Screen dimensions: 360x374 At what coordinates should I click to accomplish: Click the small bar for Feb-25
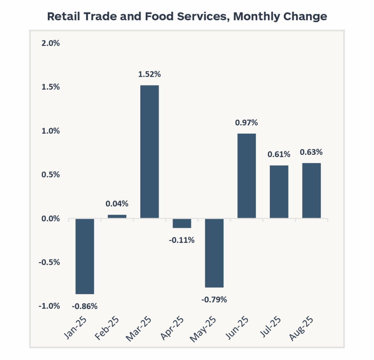tap(117, 217)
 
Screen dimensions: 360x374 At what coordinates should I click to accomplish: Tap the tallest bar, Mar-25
tap(149, 152)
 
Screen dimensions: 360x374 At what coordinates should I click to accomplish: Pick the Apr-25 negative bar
tap(182, 223)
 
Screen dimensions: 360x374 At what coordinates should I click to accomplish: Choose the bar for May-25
tap(214, 253)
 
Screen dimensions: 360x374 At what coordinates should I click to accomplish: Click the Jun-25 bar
tap(247, 176)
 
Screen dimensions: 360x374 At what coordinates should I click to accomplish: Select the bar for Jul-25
tap(279, 192)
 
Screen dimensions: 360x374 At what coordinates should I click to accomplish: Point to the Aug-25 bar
tap(311, 191)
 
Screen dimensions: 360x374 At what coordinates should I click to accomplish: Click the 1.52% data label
tap(149, 74)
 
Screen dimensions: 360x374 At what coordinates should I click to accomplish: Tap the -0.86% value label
tap(85, 306)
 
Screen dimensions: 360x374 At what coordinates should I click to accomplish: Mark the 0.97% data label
tap(247, 123)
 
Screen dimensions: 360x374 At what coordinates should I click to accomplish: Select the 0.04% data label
tap(117, 204)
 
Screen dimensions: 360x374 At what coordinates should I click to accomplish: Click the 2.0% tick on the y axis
tap(50, 43)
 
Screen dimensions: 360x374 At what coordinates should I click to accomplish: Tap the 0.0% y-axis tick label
tap(50, 219)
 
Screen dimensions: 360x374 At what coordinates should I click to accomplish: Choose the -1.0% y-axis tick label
tap(49, 306)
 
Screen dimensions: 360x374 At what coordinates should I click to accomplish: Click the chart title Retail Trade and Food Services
tap(187, 17)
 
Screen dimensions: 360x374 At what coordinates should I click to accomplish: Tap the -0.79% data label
tap(214, 300)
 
